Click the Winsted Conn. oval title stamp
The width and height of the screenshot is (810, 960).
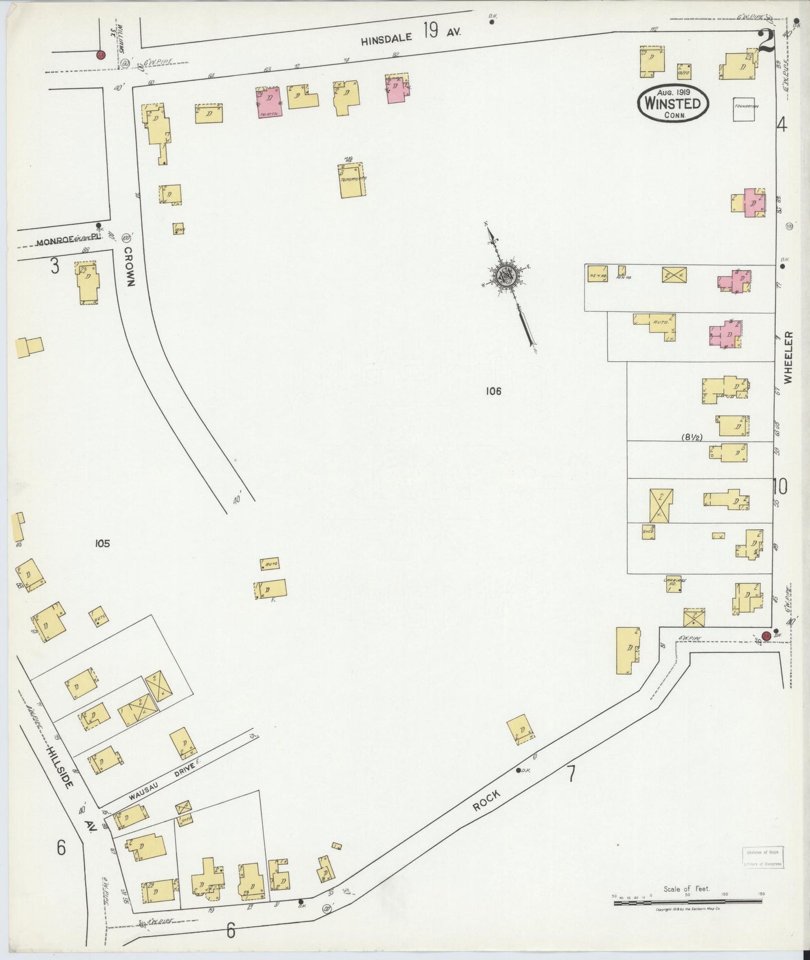[x=673, y=102]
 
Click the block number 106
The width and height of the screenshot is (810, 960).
[x=493, y=392]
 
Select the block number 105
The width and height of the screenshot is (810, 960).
[x=102, y=543]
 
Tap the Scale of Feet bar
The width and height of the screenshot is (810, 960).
[x=687, y=902]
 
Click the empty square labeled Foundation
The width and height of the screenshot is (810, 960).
[x=747, y=109]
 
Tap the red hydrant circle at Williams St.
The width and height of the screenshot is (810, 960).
[x=100, y=55]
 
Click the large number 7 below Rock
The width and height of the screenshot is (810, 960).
[x=571, y=773]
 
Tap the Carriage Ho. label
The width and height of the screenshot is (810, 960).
[x=675, y=582]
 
